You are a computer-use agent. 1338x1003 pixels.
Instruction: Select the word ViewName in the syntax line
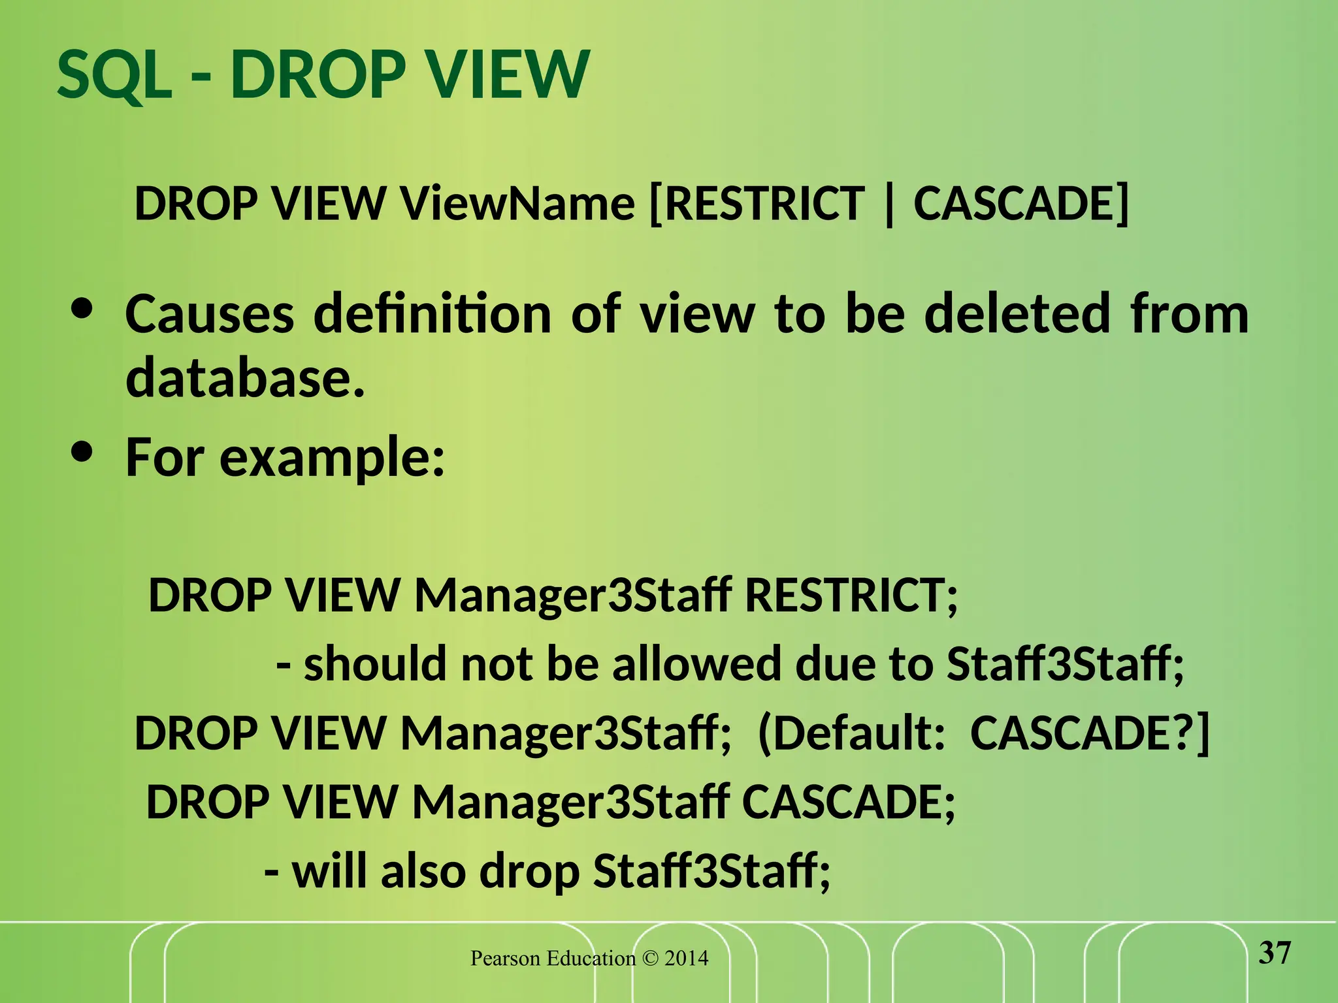pyautogui.click(x=517, y=204)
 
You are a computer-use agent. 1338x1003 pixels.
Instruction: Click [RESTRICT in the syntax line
pyautogui.click(x=757, y=204)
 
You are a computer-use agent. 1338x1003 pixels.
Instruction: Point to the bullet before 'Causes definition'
pyautogui.click(x=82, y=311)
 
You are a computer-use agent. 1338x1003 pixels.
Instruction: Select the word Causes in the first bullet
pyautogui.click(x=210, y=315)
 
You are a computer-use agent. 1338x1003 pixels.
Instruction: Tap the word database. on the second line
pyautogui.click(x=245, y=378)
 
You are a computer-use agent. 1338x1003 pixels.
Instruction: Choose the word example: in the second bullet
pyautogui.click(x=332, y=459)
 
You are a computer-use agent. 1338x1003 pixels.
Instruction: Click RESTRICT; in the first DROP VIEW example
pyautogui.click(x=851, y=596)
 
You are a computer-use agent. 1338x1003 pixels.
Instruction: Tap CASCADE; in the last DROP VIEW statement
pyautogui.click(x=848, y=803)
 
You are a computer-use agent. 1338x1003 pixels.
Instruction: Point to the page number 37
pyautogui.click(x=1275, y=954)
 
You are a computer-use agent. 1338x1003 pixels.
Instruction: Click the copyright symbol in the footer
pyautogui.click(x=650, y=959)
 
